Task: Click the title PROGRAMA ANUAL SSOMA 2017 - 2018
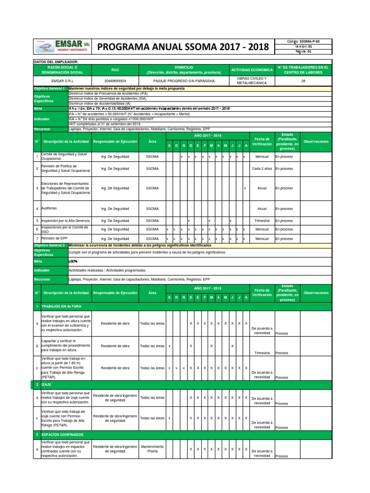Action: pos(183,47)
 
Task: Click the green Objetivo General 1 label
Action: pos(50,90)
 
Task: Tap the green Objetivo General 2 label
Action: pos(50,245)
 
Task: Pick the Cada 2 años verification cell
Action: pos(262,169)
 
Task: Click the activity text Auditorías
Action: pos(49,208)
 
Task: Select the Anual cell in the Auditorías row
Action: pos(262,208)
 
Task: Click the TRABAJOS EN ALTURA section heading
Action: pos(62,306)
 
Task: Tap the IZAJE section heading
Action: pos(47,385)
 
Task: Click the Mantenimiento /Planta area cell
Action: pos(152,449)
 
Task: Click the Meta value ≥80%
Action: pos(74,260)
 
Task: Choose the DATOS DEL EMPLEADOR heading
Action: pos(56,62)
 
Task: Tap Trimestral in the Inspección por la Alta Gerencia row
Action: pos(262,221)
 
